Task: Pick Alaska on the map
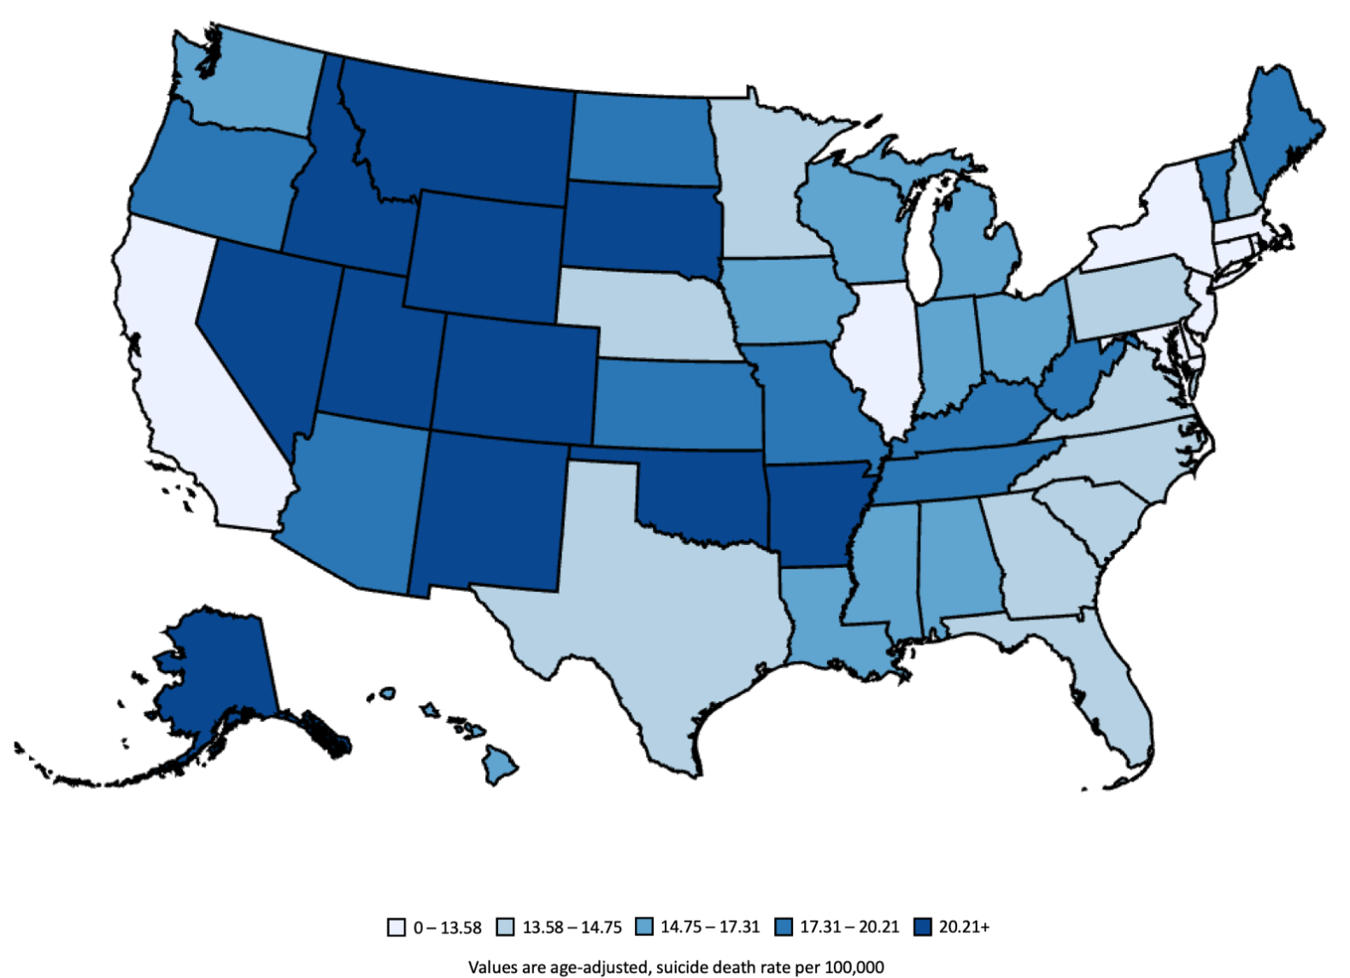[214, 666]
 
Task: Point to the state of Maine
[1277, 128]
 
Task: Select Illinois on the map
[880, 350]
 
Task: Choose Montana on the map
[461, 128]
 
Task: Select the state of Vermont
[1212, 179]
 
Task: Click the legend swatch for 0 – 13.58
[396, 928]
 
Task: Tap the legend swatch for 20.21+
[922, 928]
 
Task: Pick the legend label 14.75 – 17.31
[709, 928]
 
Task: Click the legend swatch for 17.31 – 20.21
[784, 928]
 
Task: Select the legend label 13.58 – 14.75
[572, 928]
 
